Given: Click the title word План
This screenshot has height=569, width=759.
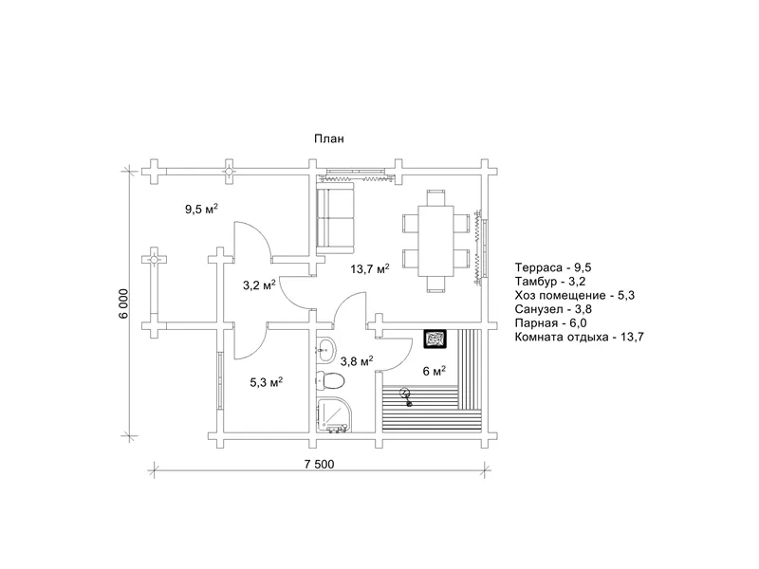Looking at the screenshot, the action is (x=329, y=138).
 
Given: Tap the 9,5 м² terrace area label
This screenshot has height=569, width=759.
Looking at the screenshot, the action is (x=201, y=209).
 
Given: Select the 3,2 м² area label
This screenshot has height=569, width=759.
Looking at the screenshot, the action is (x=259, y=285).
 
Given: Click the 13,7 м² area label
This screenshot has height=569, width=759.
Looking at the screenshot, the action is (x=370, y=268).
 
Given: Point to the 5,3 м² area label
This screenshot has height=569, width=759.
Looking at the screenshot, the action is (x=267, y=382).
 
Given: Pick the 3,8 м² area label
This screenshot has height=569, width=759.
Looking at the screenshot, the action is (x=357, y=361).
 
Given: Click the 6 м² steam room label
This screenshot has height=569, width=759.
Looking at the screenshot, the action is (x=435, y=371).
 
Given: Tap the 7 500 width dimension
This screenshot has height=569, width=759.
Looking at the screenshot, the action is (x=319, y=465).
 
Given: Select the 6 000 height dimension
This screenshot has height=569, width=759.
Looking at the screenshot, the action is (x=124, y=303).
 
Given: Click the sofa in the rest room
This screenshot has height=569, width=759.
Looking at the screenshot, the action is (x=336, y=217).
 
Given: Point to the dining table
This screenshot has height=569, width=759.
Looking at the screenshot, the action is (x=435, y=241).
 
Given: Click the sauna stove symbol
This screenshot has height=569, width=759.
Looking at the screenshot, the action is (x=435, y=339).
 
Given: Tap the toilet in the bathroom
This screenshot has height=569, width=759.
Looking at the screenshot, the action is (x=329, y=381).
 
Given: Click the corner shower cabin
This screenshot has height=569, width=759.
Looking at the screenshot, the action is (x=335, y=414).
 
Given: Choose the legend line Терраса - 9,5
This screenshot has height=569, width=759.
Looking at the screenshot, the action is (x=553, y=268).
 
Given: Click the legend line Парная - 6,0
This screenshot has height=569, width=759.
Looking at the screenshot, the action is (x=551, y=323).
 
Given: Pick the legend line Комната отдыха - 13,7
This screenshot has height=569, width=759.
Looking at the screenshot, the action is (x=580, y=338).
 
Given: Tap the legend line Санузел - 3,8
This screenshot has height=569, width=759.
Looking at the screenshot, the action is (x=553, y=309).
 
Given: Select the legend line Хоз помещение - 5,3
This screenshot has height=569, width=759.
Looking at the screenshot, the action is (x=575, y=296).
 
